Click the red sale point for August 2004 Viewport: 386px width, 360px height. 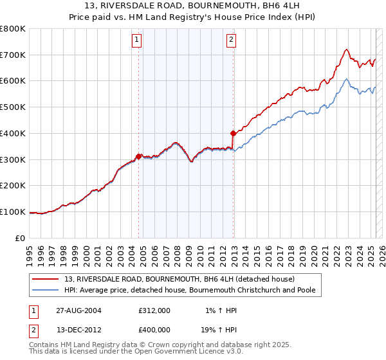(138, 156)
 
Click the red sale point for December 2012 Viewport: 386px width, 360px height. (233, 133)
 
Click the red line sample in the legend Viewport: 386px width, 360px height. (46, 279)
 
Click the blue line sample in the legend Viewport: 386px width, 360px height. (46, 291)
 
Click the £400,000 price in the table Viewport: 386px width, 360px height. (154, 329)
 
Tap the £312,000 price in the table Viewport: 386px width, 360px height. (154, 310)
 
